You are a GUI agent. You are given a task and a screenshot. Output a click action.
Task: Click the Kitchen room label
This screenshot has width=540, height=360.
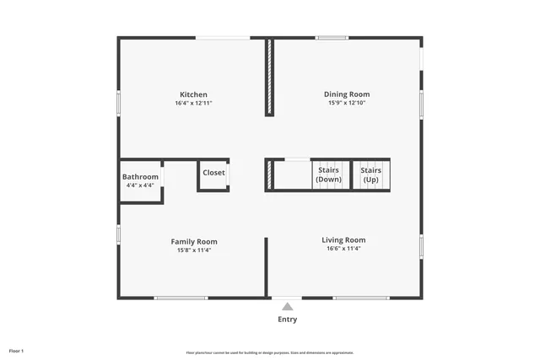(x=193, y=94)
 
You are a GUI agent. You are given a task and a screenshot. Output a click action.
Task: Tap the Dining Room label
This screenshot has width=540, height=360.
(x=347, y=94)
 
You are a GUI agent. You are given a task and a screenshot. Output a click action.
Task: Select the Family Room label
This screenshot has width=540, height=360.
(x=193, y=242)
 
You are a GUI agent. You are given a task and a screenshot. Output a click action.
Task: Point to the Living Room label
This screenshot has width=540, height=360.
(x=343, y=240)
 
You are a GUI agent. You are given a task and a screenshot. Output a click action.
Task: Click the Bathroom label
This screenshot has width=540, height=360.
(x=140, y=177)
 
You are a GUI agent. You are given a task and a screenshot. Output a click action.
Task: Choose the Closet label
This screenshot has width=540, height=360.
(x=213, y=173)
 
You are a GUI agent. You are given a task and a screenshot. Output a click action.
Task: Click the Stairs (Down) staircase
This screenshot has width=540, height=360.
(x=328, y=175)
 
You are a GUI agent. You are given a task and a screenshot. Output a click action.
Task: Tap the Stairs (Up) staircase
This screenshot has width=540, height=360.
(x=370, y=175)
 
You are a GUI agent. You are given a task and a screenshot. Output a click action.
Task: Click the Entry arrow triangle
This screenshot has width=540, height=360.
(x=288, y=307)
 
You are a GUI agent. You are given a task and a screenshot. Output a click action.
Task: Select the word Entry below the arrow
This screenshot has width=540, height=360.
(x=288, y=320)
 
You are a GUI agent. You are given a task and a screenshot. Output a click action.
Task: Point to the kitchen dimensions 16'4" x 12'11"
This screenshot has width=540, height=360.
(x=193, y=104)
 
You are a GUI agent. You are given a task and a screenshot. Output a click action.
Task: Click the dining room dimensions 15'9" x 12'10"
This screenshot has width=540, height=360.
(x=347, y=104)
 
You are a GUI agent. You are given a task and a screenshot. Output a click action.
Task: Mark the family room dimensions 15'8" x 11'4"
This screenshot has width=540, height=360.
(x=193, y=250)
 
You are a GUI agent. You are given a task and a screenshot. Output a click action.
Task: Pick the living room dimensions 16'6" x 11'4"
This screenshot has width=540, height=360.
(x=343, y=249)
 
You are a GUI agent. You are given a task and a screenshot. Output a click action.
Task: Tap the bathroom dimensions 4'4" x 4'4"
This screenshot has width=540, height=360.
(x=140, y=185)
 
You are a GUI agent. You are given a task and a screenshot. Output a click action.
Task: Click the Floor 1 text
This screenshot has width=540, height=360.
(x=17, y=350)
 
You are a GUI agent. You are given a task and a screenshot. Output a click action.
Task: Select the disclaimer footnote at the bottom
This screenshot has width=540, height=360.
(x=269, y=352)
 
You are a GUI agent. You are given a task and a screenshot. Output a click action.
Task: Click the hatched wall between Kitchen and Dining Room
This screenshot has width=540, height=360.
(x=269, y=76)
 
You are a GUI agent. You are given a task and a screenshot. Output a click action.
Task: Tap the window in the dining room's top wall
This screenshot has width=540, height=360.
(x=332, y=37)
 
